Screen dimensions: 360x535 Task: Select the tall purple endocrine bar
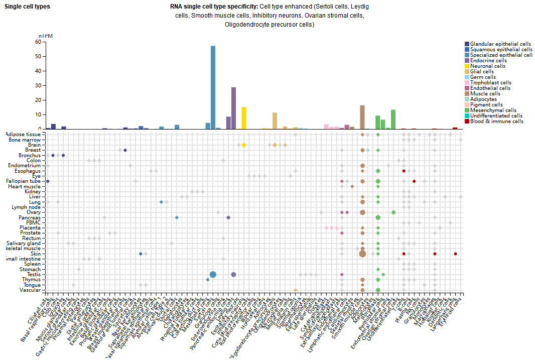(233, 108)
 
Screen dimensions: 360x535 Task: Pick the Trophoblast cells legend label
(490, 83)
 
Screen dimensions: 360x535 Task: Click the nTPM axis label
(46, 36)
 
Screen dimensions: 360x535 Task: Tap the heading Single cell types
(27, 7)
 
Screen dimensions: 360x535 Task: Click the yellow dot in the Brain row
(244, 145)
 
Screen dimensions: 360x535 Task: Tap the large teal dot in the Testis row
(213, 274)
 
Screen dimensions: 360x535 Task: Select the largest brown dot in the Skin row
(362, 254)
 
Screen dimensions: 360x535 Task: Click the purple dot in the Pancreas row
(228, 217)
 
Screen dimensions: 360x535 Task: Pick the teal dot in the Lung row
(161, 202)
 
